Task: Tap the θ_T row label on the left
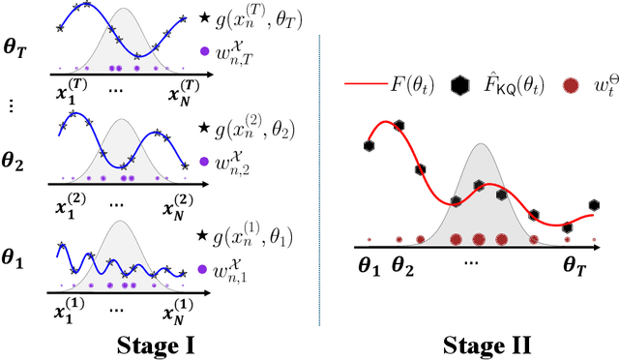click(x=18, y=45)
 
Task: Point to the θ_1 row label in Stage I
click(x=18, y=260)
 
